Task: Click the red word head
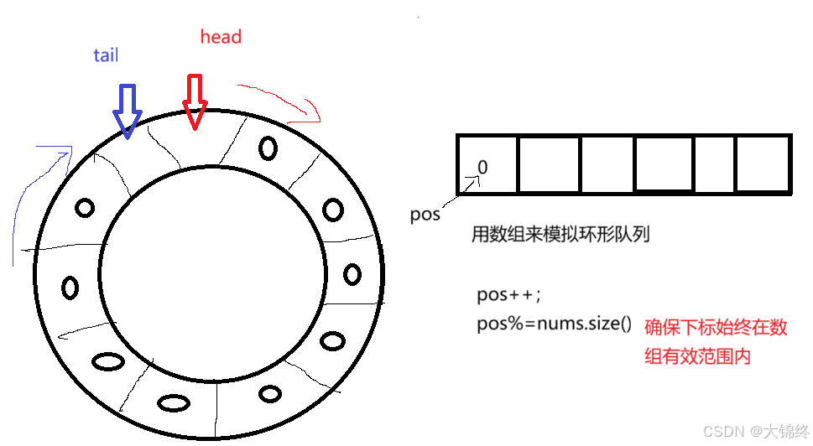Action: click(x=221, y=37)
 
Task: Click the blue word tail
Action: click(x=106, y=56)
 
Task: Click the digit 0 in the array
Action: click(x=482, y=168)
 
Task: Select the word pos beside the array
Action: click(x=425, y=214)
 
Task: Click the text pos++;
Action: click(x=509, y=295)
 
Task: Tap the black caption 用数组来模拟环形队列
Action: click(x=560, y=235)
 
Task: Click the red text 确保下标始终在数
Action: click(x=716, y=328)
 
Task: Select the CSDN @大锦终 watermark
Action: click(x=751, y=431)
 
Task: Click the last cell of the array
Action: click(x=763, y=164)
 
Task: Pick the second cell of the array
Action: click(x=549, y=164)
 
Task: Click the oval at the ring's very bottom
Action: click(x=173, y=402)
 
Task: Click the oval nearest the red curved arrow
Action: click(x=268, y=148)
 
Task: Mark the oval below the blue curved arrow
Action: click(x=84, y=207)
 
